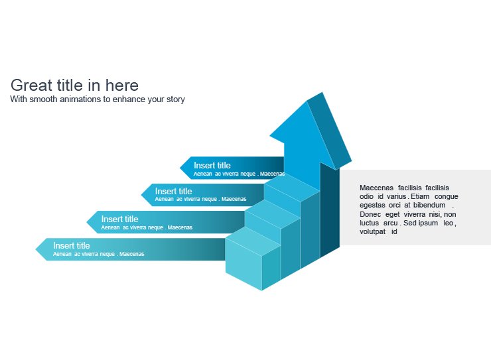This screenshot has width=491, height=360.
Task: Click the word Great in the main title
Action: click(31, 86)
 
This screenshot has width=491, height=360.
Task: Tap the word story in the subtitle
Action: click(174, 99)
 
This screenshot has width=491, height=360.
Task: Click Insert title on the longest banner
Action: click(71, 245)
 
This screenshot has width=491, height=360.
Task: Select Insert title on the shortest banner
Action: click(212, 165)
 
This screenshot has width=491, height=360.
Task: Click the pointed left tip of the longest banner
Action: click(38, 249)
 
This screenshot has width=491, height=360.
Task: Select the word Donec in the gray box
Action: click(370, 215)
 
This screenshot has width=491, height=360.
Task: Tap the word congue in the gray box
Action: click(446, 197)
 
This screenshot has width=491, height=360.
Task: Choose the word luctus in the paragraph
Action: click(370, 223)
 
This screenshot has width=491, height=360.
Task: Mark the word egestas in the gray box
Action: click(373, 206)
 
